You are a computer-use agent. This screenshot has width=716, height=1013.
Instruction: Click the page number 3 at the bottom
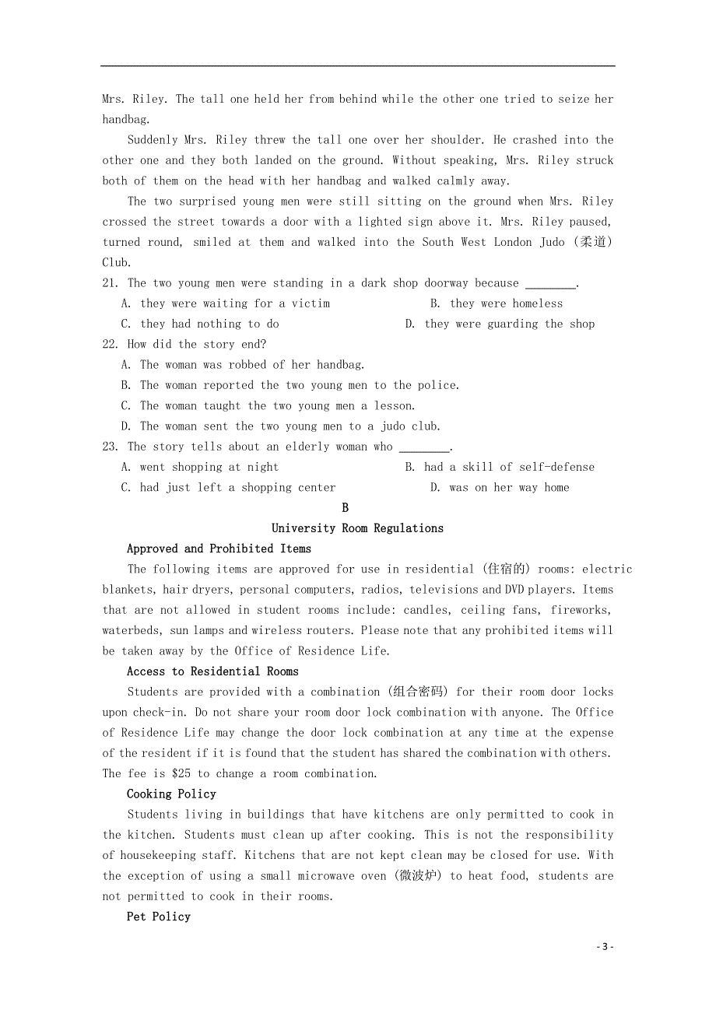[605, 947]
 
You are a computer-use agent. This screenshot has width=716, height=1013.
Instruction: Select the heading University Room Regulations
[357, 528]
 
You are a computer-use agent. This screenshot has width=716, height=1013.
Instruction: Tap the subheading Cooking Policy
[171, 794]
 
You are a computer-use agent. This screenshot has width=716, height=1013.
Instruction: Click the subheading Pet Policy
[159, 917]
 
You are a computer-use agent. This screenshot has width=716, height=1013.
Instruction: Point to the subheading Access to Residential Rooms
[212, 671]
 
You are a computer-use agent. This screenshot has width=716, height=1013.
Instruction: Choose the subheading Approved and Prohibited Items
[219, 549]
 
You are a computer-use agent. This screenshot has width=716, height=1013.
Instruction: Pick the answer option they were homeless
[506, 303]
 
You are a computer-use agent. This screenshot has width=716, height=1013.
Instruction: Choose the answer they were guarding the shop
[509, 324]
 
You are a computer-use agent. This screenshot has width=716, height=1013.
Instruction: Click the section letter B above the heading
[346, 508]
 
